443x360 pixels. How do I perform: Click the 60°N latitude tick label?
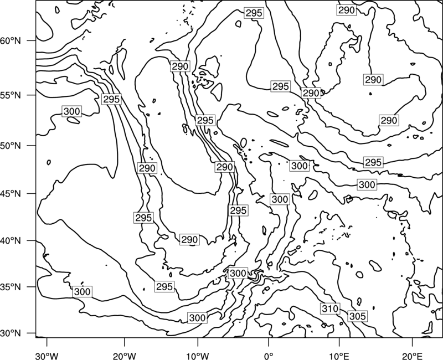point(11,40)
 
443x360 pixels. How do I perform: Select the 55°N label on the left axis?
point(11,95)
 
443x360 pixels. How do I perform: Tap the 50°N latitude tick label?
point(11,146)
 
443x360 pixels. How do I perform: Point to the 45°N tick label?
point(11,193)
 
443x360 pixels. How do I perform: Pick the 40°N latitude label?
point(11,241)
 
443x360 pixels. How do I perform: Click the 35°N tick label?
point(11,287)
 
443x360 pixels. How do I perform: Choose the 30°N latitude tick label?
point(11,333)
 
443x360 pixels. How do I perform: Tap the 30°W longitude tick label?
point(47,356)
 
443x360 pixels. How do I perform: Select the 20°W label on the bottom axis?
point(124,356)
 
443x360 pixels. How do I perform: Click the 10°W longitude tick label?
point(198,356)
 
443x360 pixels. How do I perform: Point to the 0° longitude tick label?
point(268,356)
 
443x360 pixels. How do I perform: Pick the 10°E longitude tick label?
point(339,356)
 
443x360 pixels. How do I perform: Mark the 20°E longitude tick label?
point(412,356)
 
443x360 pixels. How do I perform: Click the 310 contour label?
point(330,308)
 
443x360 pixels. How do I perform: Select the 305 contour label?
point(357,316)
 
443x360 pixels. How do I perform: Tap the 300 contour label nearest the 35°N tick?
point(82,292)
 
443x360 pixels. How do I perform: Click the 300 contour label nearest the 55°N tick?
point(72,111)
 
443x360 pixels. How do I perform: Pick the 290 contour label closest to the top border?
point(347,10)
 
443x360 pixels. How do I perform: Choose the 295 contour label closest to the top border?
point(254,13)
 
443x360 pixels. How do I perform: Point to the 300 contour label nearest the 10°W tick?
point(197,318)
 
